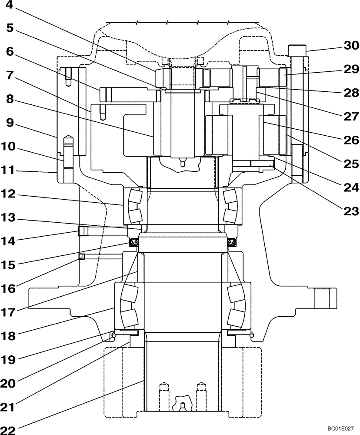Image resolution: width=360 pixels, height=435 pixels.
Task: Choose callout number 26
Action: click(350, 140)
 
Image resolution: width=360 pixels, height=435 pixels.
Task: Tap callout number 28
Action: click(350, 93)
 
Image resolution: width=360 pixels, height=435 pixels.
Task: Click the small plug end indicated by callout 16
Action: click(81, 257)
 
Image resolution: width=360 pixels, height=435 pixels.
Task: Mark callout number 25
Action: click(350, 164)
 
